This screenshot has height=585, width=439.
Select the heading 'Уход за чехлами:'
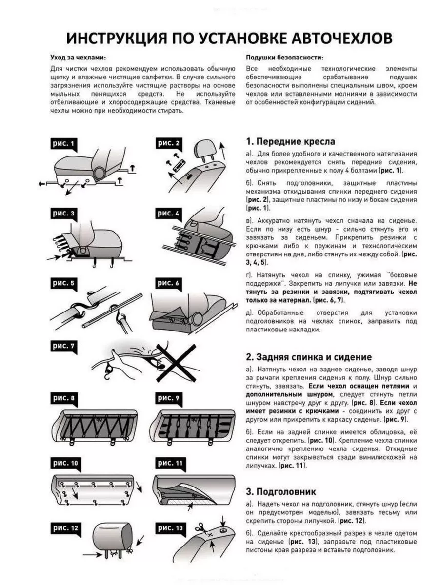tap(78, 57)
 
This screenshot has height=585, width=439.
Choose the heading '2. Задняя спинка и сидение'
tap(308, 357)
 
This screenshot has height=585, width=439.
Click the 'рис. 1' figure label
tap(64, 144)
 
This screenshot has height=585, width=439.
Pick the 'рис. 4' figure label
tap(169, 214)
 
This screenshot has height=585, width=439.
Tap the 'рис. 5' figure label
tap(64, 283)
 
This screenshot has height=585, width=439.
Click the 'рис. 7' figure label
tap(64, 346)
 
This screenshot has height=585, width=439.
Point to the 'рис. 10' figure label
tap(65, 463)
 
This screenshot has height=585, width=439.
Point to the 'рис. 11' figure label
tap(170, 463)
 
